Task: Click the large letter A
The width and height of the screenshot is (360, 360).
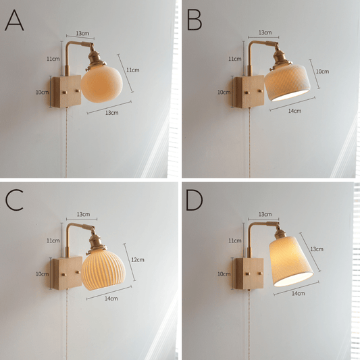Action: [x=14, y=20]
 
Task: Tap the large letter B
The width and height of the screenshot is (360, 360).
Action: [x=195, y=20]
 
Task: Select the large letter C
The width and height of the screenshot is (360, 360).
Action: [x=14, y=200]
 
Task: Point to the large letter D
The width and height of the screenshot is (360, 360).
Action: [x=195, y=200]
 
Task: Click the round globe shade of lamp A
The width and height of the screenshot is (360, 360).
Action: [x=101, y=84]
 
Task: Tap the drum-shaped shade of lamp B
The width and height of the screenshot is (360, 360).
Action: [x=287, y=82]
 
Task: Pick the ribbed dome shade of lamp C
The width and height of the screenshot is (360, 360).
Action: [x=103, y=270]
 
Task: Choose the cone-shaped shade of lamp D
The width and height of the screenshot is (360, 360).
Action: [x=291, y=261]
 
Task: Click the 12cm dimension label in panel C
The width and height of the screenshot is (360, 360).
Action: [x=138, y=259]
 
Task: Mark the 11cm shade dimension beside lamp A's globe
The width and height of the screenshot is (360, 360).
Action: [x=133, y=70]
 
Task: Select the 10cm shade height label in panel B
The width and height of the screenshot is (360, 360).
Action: [x=322, y=72]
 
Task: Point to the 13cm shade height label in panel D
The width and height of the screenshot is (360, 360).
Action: [x=317, y=249]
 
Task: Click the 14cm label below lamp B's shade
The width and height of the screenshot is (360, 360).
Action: [x=294, y=111]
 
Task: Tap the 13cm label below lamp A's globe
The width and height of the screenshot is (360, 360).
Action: [x=112, y=113]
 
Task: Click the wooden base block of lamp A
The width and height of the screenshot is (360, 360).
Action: [x=66, y=91]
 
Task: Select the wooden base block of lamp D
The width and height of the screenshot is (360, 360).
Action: [x=248, y=274]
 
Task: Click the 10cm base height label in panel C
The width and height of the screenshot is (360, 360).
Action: [x=42, y=274]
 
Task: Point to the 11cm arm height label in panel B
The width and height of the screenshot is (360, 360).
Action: [x=234, y=59]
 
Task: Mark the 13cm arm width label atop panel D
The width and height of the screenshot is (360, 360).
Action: [x=265, y=214]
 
